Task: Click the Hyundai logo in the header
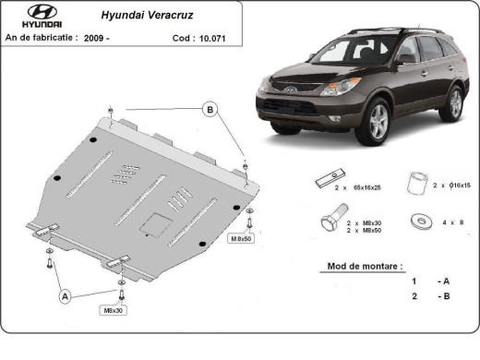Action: pyautogui.click(x=29, y=15)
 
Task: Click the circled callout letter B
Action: pyautogui.click(x=210, y=111)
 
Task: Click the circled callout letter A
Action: pyautogui.click(x=66, y=296)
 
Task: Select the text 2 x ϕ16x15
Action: pyautogui.click(x=452, y=186)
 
